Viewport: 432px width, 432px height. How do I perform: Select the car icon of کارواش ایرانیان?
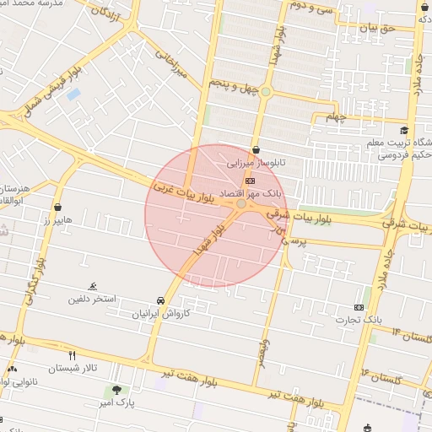click(160, 300)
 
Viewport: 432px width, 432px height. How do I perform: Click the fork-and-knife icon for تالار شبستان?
click(72, 355)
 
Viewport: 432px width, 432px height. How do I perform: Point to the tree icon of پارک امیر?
click(116, 391)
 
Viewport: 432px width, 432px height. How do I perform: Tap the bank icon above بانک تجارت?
click(359, 307)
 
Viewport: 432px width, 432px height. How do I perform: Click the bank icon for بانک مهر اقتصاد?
click(249, 181)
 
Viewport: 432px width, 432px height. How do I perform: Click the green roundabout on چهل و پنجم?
click(266, 91)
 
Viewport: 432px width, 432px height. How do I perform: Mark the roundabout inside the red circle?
click(241, 204)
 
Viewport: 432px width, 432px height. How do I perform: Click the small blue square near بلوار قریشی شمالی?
click(73, 94)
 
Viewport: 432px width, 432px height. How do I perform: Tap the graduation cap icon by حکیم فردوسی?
click(405, 130)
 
